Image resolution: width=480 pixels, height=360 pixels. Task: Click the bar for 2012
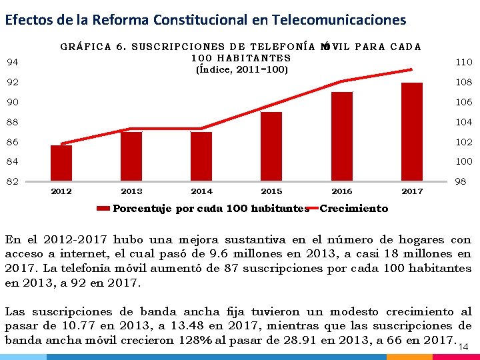(x=61, y=163)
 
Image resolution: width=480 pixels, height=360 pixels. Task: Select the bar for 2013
(x=131, y=157)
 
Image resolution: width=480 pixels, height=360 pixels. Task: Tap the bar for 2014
(x=201, y=157)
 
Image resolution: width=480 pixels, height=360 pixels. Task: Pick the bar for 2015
(x=271, y=147)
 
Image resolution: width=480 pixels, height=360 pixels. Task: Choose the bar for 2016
(x=341, y=137)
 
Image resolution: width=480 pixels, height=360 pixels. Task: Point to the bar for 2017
(x=412, y=132)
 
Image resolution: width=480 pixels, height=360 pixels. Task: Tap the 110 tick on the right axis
(x=464, y=62)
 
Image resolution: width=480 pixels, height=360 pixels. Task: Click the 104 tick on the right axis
(x=464, y=122)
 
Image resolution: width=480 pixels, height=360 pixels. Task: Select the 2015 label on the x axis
(x=271, y=191)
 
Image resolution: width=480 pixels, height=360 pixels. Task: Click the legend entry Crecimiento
(x=354, y=209)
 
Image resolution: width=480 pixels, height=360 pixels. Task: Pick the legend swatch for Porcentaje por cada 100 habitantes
(x=103, y=209)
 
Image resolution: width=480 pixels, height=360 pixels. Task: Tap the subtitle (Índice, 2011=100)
(x=241, y=69)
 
